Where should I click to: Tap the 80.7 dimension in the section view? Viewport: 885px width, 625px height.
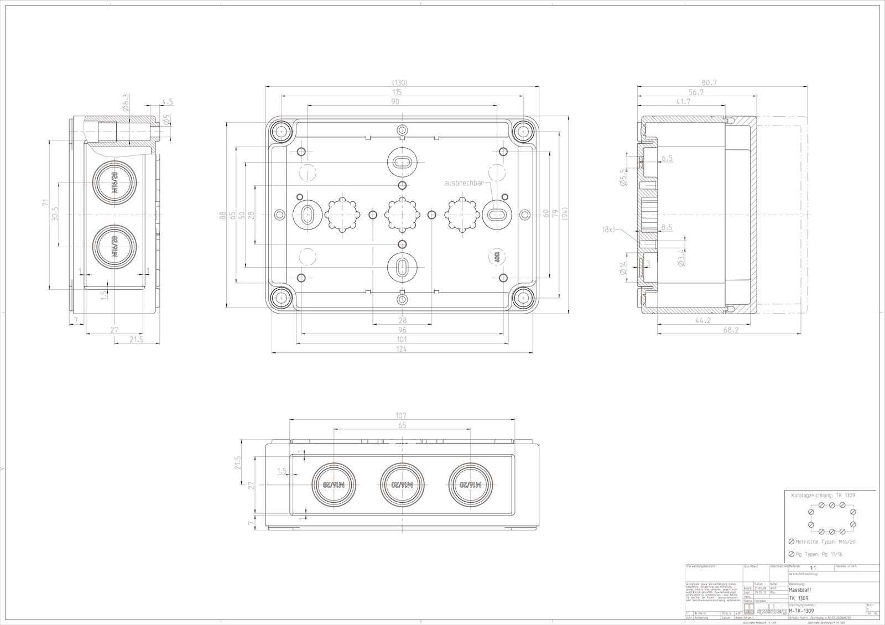pyautogui.click(x=708, y=82)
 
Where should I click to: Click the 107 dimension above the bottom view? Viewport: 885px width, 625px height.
pyautogui.click(x=402, y=415)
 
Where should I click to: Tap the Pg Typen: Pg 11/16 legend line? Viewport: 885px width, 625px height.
pyautogui.click(x=822, y=554)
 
